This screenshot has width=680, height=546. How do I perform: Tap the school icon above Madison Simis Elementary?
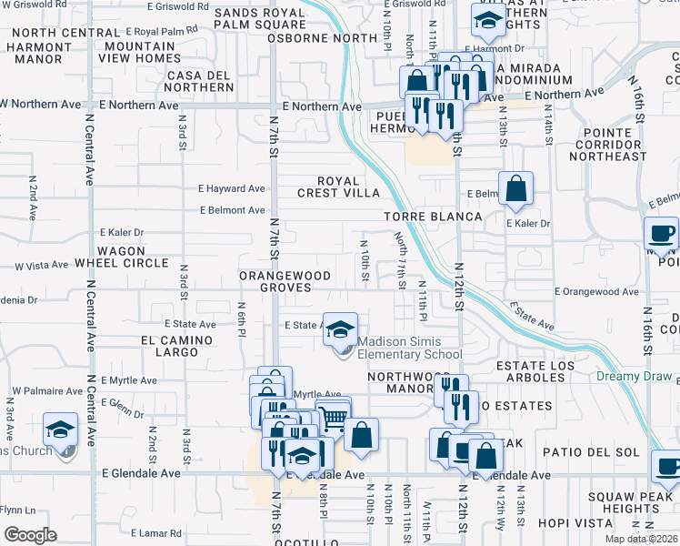click(340, 329)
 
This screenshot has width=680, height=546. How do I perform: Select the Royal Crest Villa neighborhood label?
click(337, 187)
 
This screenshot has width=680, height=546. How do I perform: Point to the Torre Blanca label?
click(432, 217)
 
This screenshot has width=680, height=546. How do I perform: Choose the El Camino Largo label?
click(176, 346)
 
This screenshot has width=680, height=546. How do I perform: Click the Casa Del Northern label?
click(199, 81)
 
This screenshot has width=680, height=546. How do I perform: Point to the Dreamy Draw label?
click(634, 377)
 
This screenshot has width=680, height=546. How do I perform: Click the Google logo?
click(29, 535)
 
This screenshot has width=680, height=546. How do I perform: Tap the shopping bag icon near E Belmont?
click(515, 189)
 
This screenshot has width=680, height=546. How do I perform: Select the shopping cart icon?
click(334, 415)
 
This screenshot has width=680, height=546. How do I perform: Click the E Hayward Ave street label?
click(232, 189)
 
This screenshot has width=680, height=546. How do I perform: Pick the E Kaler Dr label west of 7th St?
click(122, 232)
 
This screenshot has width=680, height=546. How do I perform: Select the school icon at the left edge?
click(61, 430)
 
